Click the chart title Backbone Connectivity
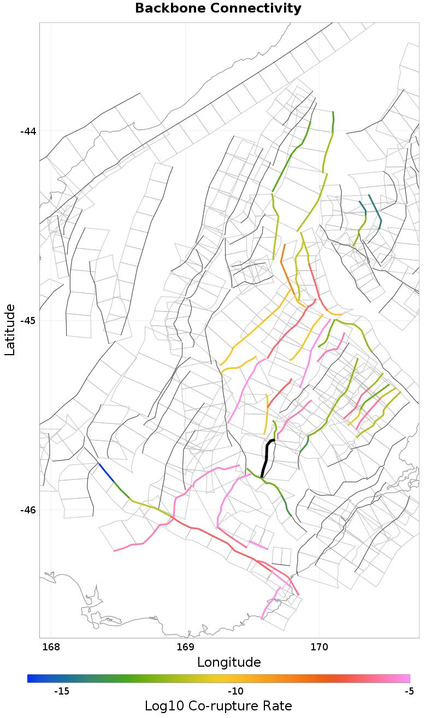[218, 9]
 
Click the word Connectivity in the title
[256, 9]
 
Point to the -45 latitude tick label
[28, 320]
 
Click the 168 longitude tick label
[51, 647]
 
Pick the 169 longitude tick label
[185, 647]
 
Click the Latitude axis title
[10, 330]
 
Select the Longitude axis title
[229, 662]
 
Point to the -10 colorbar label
[235, 691]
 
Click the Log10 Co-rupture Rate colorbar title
[218, 705]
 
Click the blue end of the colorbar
[31, 678]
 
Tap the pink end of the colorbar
[406, 678]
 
